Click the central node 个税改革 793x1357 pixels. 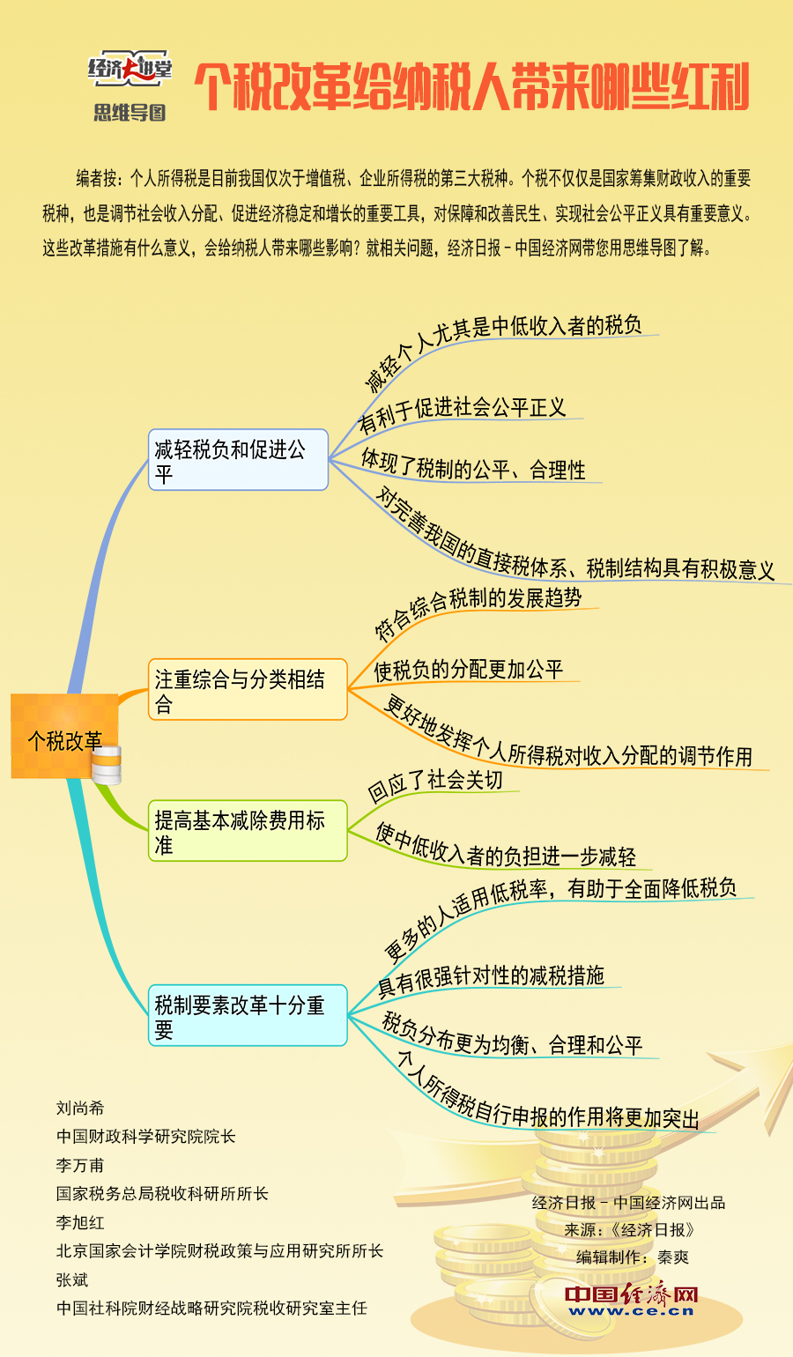pos(65,736)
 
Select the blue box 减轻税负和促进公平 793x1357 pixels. pos(238,460)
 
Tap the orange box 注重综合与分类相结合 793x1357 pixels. pos(248,689)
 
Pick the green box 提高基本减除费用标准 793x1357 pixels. pos(248,831)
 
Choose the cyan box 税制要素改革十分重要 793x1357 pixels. pos(248,1015)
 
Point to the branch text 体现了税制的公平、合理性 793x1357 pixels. pos(473,464)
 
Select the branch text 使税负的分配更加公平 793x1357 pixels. pos(468,670)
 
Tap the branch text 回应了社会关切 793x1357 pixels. pos(435,785)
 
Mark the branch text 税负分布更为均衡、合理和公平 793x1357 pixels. pos(512,1035)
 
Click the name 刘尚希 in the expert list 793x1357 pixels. pos(80,1108)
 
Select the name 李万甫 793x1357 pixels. pos(80,1165)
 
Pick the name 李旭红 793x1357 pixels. pos(80,1222)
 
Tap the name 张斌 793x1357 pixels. pos(72,1279)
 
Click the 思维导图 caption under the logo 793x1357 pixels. pos(130,113)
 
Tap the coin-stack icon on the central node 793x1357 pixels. pos(107,765)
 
